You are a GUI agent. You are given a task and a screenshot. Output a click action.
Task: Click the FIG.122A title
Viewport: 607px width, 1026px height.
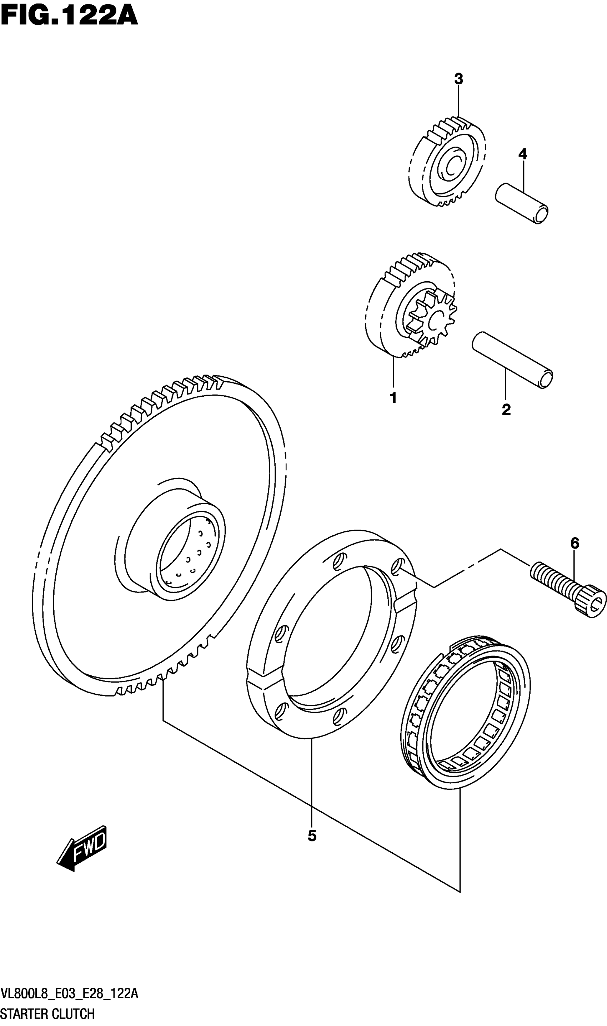[x=70, y=17]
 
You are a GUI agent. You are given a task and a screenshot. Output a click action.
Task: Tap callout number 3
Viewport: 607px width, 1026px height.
[x=458, y=79]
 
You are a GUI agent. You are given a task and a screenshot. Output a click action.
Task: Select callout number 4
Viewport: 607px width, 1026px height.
[x=522, y=154]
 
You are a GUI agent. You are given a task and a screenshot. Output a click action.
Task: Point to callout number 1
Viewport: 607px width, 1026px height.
[x=393, y=397]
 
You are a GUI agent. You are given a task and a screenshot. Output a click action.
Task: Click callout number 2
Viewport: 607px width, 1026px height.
[x=506, y=409]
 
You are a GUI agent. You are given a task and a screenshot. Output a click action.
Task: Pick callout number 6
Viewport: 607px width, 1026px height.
[x=575, y=544]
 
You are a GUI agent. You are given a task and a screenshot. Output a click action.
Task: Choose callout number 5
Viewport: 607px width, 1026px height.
[x=312, y=836]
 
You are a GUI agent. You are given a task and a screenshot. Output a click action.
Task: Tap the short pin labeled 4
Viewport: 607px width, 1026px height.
[x=522, y=203]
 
